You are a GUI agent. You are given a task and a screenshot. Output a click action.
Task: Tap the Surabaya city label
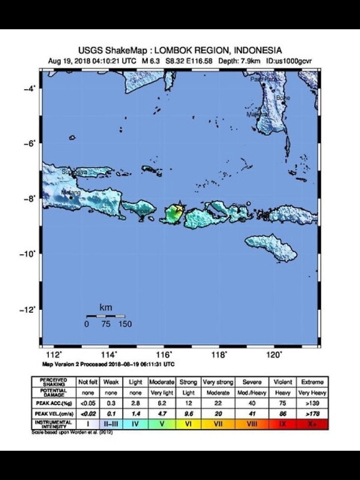pos(75,172)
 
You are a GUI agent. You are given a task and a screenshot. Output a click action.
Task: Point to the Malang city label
pos(71,193)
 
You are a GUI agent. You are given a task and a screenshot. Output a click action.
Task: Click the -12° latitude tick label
pos(27,310)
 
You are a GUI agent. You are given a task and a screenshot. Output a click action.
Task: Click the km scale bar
pos(105,316)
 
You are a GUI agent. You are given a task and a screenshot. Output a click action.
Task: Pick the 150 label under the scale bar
pos(125,324)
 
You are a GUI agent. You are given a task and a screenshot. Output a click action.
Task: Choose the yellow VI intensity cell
pos(188,424)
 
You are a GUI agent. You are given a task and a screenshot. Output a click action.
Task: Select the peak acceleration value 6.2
pos(161,402)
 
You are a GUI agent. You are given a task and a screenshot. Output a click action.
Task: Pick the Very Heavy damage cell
pos(313,393)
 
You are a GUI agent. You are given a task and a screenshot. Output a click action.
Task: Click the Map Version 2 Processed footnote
pos(109,364)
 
